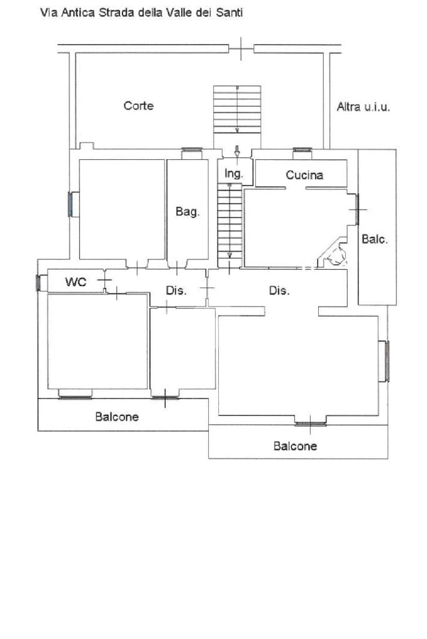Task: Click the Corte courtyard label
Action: click(139, 106)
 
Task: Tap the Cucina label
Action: click(304, 176)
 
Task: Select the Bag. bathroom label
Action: click(188, 212)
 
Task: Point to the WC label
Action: click(76, 282)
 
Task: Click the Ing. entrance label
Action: click(234, 174)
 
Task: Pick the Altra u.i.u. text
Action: click(363, 107)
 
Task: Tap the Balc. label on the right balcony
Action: click(375, 239)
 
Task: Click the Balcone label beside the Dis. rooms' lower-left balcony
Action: click(117, 417)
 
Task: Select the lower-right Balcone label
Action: click(295, 446)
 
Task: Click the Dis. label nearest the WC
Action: click(176, 290)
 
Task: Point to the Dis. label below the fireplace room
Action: click(279, 290)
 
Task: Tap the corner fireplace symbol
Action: click(333, 253)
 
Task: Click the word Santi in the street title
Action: click(229, 12)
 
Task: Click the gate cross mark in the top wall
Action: click(241, 49)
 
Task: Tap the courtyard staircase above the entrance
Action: click(237, 109)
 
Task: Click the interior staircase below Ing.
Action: click(230, 225)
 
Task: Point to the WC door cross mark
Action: click(105, 280)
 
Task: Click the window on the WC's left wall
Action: click(38, 283)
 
